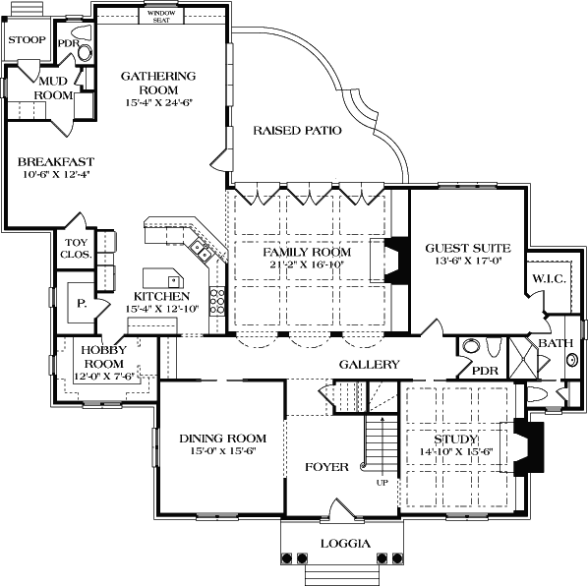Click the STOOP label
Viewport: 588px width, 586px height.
coord(27,39)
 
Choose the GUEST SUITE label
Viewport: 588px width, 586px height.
coord(461,249)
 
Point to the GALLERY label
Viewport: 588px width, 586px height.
coord(369,364)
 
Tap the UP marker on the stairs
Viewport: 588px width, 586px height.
coord(382,483)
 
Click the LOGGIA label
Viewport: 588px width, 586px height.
coord(345,544)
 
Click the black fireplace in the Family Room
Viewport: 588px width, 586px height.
coord(394,261)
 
